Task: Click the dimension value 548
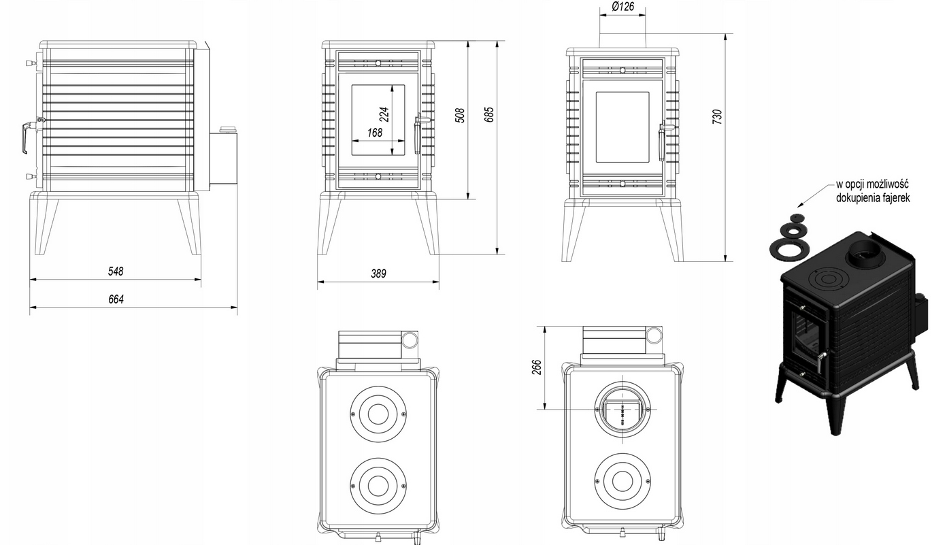(x=116, y=271)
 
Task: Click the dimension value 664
(x=116, y=299)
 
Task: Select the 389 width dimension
(x=378, y=274)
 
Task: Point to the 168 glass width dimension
(x=375, y=133)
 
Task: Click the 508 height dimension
(x=460, y=114)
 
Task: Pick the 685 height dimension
(x=488, y=114)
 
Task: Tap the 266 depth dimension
(x=535, y=367)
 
